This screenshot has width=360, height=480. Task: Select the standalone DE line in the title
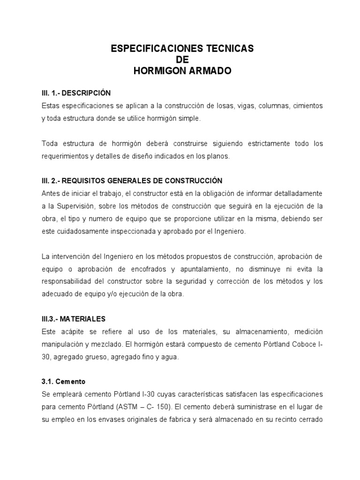click(182, 60)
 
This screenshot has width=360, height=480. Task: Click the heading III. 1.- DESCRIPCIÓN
click(76, 93)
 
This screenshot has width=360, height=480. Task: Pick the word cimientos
click(307, 106)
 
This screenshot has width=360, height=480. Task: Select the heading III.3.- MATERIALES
click(73, 319)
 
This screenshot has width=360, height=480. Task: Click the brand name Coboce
click(300, 344)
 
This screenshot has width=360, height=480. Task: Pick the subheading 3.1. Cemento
click(63, 382)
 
